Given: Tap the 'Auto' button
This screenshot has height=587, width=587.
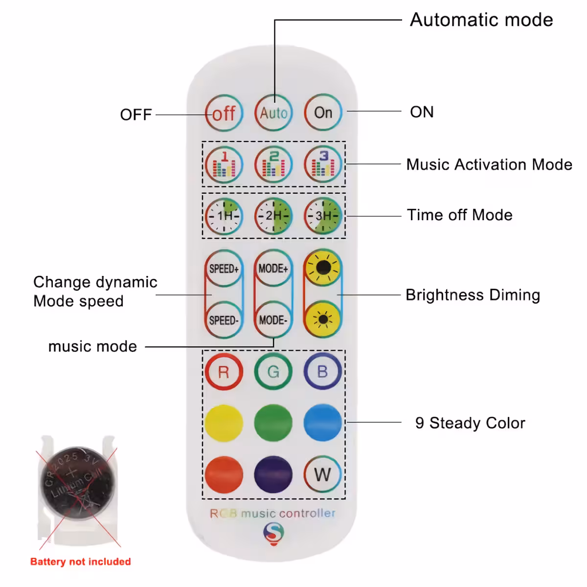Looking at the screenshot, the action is click(x=273, y=113).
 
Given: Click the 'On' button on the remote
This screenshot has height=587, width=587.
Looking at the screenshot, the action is click(x=323, y=113).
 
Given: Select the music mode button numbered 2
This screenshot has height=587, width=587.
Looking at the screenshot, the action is click(x=273, y=164).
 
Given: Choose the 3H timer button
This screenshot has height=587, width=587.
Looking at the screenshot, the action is click(x=323, y=216).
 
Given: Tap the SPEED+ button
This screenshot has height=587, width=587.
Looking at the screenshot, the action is click(x=224, y=269).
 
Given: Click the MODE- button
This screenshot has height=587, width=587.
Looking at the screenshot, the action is click(x=273, y=320).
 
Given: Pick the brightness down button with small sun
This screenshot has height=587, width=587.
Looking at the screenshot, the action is click(x=323, y=319).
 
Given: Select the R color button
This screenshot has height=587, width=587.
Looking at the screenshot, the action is click(x=224, y=372).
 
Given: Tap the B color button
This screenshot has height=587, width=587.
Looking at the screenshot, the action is click(x=322, y=371).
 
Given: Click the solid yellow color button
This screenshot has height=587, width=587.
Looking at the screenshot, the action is click(x=224, y=423).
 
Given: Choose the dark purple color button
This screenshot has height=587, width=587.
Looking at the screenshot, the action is click(x=273, y=474).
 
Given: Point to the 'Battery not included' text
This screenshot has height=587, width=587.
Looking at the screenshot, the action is click(x=80, y=562).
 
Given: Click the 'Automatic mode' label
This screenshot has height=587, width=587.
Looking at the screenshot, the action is click(x=481, y=20).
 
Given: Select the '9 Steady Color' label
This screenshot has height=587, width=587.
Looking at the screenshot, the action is click(x=470, y=423).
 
